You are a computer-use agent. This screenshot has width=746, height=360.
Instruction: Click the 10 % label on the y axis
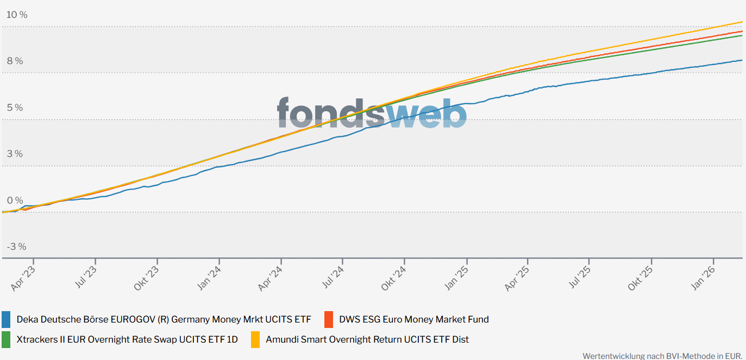(16, 15)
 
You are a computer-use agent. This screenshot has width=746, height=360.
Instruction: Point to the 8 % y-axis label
(15, 61)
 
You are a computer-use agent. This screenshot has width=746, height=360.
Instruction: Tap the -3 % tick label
(16, 247)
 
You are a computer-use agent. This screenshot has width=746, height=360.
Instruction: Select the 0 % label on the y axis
(15, 200)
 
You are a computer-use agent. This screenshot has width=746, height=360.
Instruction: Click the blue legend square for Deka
(7, 319)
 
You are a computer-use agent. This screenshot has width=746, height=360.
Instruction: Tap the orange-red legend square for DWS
(329, 319)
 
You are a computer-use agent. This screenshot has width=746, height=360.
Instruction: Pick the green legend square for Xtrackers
(7, 339)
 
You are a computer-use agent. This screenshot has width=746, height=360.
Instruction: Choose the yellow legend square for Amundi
(255, 339)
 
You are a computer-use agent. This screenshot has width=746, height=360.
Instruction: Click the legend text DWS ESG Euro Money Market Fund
(413, 319)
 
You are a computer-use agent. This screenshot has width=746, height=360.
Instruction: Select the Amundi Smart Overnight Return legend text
(367, 339)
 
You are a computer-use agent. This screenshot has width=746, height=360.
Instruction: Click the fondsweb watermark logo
(372, 113)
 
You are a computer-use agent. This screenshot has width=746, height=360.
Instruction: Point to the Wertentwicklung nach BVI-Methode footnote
(662, 356)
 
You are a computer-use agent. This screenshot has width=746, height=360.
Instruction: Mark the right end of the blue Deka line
(742, 60)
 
